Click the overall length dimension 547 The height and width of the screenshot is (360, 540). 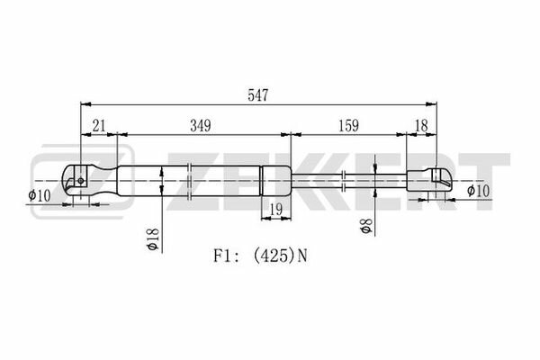pos(258,95)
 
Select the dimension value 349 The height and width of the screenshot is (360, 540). pos(201,126)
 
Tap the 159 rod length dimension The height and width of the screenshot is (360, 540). pos(348,126)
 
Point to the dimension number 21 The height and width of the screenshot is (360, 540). pos(99,126)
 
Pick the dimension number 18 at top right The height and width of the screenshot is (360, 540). pos(421,126)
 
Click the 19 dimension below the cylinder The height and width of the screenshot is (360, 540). pos(276,209)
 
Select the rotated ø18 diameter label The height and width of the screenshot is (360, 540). pos(152,238)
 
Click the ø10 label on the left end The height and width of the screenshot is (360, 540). pos(40,195)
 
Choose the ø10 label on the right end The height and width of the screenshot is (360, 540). pos(478,191)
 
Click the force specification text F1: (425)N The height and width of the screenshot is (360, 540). pos(260,256)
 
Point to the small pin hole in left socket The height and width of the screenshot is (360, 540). pos(81,181)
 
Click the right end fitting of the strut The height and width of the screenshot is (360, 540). pos(428,180)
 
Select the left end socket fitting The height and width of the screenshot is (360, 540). pos(89,181)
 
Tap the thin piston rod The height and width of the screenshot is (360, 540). pos(348,180)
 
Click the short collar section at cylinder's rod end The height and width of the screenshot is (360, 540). pos(276,181)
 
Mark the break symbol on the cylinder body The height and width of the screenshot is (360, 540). pos(189,181)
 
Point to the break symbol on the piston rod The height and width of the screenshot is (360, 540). pos(344,180)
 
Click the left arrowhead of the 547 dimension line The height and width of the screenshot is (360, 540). pos(85,104)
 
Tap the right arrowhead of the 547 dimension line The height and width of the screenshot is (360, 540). pos(431,104)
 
